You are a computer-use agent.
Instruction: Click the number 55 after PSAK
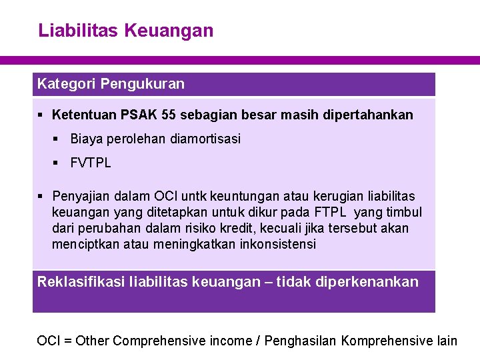click(x=169, y=115)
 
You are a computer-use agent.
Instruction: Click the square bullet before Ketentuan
click(x=41, y=115)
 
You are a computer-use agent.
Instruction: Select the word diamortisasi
click(x=205, y=139)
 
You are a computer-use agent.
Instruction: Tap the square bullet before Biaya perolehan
click(x=57, y=139)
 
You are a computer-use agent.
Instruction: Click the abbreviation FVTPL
click(x=91, y=163)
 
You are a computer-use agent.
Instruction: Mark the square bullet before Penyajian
click(x=41, y=197)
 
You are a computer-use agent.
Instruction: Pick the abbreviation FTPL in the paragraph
click(x=332, y=213)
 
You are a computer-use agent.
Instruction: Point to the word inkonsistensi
click(x=277, y=245)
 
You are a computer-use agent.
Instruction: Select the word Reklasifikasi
click(x=80, y=282)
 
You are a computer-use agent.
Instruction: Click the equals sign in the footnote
click(x=67, y=341)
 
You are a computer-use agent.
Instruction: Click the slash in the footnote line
click(x=258, y=341)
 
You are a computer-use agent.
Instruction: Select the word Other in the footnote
click(x=92, y=341)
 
